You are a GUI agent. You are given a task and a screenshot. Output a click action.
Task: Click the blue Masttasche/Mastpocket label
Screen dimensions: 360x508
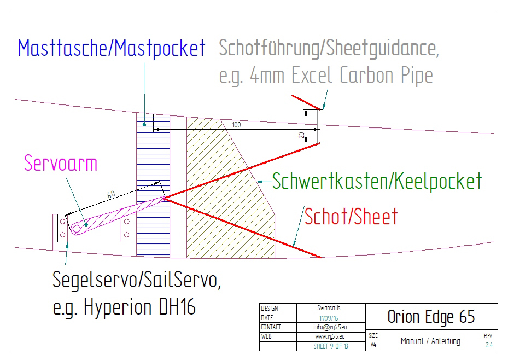click(x=112, y=48)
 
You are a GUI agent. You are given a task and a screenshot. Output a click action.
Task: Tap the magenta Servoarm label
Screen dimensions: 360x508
click(x=61, y=162)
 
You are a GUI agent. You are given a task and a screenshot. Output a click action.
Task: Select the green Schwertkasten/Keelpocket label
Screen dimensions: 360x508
click(x=377, y=181)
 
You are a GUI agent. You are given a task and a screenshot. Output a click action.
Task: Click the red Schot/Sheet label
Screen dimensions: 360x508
click(x=351, y=217)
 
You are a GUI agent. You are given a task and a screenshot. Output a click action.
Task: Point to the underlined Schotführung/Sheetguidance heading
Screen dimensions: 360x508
click(x=327, y=48)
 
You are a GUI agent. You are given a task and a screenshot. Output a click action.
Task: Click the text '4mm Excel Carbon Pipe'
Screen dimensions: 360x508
click(x=344, y=75)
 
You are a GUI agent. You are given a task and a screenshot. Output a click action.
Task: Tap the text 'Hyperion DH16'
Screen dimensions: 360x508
click(x=140, y=307)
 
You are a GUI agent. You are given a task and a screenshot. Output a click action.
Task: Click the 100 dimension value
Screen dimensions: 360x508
click(x=236, y=125)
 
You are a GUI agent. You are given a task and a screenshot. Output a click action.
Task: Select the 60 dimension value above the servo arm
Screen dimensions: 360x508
click(x=111, y=195)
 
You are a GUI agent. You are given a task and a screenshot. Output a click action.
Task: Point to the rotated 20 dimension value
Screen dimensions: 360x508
click(x=301, y=135)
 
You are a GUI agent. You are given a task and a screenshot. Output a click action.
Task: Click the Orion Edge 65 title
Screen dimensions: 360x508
click(x=431, y=316)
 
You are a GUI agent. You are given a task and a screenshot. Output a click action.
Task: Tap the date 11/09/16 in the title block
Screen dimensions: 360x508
click(x=330, y=318)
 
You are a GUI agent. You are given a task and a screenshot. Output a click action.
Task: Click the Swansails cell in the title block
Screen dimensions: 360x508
click(x=330, y=309)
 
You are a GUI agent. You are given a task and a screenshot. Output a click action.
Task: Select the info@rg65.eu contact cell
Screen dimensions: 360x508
click(x=330, y=327)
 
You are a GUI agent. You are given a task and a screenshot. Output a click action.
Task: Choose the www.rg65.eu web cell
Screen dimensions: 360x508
click(x=330, y=336)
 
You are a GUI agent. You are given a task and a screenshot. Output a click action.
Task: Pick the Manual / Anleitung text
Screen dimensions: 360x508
click(x=430, y=341)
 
